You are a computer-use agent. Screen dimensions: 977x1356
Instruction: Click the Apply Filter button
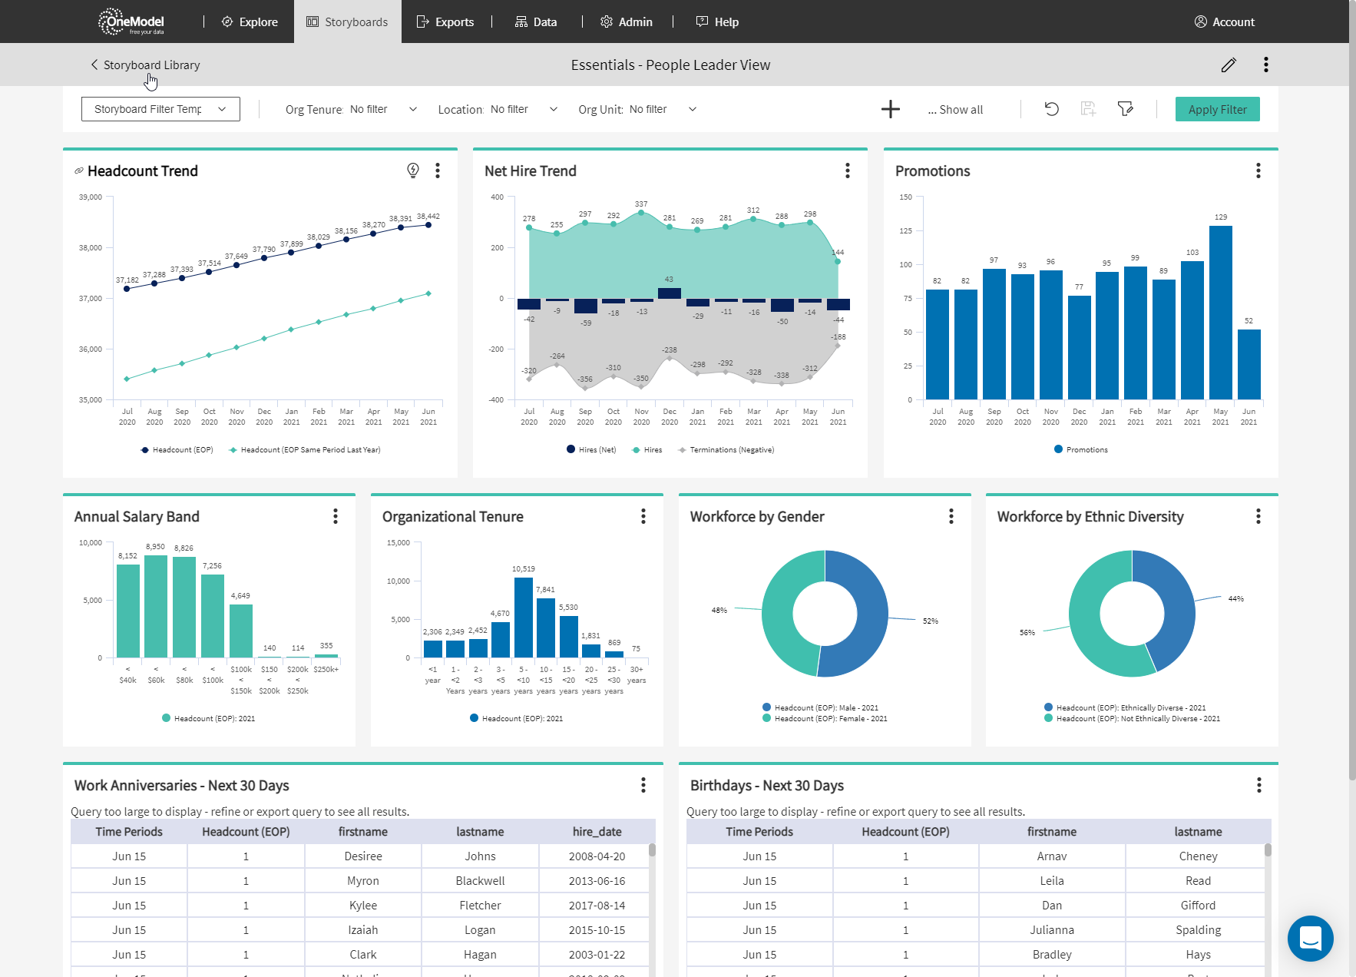(x=1217, y=109)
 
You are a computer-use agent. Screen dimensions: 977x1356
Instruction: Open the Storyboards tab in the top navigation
(x=347, y=22)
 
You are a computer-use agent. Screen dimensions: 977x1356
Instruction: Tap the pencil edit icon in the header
(x=1229, y=65)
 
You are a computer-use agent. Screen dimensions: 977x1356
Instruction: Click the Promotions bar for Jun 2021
(x=1249, y=364)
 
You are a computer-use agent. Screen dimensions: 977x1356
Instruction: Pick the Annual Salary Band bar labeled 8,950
(x=156, y=605)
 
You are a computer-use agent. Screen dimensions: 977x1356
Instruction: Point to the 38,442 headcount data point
(x=428, y=225)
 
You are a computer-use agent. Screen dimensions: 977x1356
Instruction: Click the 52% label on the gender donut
(x=930, y=621)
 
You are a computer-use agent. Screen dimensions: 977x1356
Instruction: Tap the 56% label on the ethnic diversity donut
(x=1027, y=633)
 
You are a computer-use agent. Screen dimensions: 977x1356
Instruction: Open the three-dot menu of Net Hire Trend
(x=848, y=171)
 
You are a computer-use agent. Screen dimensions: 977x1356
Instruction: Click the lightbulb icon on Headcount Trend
(x=413, y=171)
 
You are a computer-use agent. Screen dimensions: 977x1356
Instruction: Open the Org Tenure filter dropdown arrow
(x=413, y=109)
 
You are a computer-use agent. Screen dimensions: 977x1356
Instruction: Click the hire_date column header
(x=597, y=832)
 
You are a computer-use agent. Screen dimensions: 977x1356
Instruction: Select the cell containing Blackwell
(x=480, y=881)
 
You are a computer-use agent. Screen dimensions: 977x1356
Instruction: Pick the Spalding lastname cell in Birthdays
(x=1198, y=930)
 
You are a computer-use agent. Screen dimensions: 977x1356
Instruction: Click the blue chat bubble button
(x=1310, y=938)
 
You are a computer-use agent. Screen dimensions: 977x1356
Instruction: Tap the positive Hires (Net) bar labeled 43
(x=670, y=293)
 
